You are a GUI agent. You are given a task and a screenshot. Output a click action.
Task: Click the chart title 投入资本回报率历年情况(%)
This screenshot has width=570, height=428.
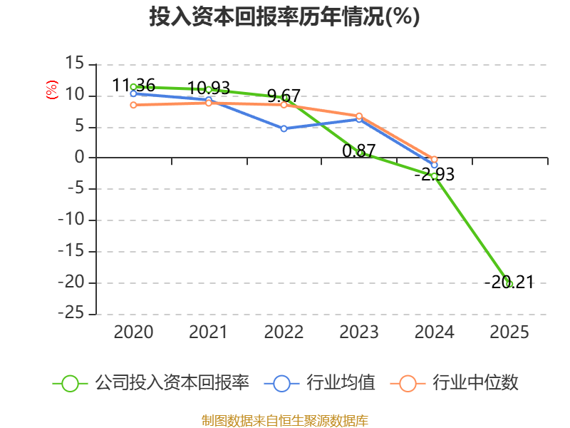tap(284, 16)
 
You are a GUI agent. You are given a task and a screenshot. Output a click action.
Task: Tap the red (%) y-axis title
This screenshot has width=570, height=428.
tap(52, 90)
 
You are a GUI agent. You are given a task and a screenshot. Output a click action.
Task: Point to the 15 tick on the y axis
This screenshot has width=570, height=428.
tap(75, 63)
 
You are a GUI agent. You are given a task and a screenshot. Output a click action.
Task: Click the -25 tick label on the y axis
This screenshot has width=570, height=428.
tap(71, 313)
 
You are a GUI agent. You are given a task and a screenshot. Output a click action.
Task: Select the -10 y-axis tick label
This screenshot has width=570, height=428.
tap(71, 220)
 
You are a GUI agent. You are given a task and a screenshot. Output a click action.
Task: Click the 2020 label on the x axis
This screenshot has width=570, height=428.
tap(133, 332)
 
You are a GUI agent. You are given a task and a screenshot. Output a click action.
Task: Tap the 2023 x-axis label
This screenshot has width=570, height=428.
tap(359, 332)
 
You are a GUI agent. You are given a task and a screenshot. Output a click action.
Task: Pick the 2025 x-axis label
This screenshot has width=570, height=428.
tap(509, 332)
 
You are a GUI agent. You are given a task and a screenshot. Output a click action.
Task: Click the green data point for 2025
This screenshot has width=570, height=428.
tap(509, 284)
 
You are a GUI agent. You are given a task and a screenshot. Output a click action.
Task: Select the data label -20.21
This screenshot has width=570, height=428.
tap(509, 282)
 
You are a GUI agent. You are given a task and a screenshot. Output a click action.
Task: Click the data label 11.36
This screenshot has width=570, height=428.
tap(134, 85)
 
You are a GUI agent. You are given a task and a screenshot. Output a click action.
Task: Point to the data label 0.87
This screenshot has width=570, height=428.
tap(359, 151)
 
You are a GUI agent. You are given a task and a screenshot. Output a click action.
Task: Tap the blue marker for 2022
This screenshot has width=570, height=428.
tap(284, 128)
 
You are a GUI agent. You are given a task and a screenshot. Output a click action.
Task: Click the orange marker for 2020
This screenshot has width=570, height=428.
tap(133, 105)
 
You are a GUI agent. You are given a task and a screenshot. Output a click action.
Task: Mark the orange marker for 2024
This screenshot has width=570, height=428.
tap(434, 159)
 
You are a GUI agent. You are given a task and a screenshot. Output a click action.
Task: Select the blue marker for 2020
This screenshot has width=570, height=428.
tap(133, 93)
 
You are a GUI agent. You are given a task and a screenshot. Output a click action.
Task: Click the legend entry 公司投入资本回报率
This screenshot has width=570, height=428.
tap(151, 383)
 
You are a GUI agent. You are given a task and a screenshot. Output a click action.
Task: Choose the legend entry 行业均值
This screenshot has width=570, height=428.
tap(319, 383)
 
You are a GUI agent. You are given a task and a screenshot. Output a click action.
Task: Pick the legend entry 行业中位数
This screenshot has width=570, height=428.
tap(454, 383)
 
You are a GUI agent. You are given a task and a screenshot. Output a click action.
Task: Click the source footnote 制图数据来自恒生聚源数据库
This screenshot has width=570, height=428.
tap(285, 421)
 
